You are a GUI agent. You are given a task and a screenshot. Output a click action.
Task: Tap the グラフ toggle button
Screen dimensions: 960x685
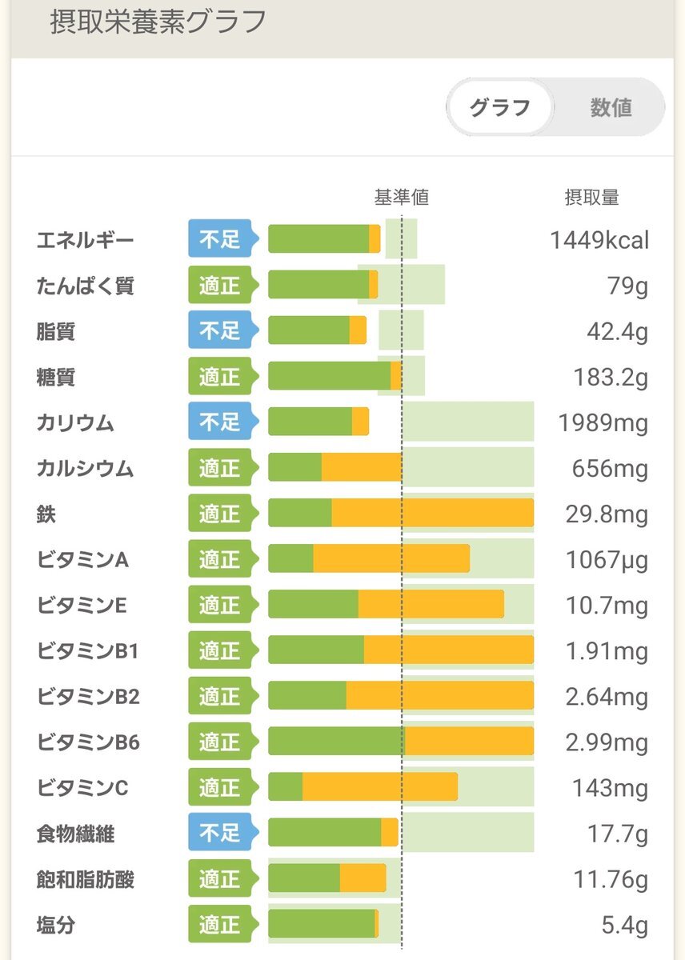(499, 107)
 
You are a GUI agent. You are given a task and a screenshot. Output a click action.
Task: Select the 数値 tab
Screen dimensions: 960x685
(611, 107)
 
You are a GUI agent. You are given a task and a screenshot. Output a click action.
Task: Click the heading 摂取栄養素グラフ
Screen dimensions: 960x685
(158, 22)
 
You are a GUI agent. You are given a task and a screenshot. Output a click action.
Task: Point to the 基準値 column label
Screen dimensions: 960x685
(401, 198)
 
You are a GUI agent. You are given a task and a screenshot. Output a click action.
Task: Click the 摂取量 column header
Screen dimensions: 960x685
(591, 198)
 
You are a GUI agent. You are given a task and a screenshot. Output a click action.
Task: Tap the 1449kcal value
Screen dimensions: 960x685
(599, 240)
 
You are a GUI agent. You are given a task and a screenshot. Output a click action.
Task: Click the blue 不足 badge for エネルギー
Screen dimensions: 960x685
(220, 239)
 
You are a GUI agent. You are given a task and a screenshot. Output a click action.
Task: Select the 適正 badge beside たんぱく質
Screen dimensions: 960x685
(220, 286)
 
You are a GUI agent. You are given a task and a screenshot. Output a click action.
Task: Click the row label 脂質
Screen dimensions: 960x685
(56, 331)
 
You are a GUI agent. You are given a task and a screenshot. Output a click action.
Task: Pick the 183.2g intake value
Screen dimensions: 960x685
(611, 377)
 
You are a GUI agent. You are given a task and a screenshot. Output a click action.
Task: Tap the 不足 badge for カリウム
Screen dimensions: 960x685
(220, 422)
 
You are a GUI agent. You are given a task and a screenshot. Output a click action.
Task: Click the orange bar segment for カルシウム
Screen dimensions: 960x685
(362, 468)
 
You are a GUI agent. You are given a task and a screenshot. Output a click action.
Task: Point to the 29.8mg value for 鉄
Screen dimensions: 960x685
(606, 514)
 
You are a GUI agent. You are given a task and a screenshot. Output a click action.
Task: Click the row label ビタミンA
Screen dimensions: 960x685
(82, 559)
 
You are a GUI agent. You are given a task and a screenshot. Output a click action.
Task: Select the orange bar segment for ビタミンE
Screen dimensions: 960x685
(431, 605)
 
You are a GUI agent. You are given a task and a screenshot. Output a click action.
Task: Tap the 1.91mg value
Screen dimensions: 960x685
(606, 651)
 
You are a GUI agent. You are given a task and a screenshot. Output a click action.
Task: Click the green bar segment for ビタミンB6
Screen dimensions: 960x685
(336, 742)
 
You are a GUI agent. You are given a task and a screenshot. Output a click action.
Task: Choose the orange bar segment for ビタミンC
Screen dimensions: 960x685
(379, 787)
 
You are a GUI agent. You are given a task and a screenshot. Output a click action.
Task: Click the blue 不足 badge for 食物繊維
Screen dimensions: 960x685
(220, 834)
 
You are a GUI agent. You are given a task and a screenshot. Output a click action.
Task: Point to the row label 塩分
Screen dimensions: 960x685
(56, 926)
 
